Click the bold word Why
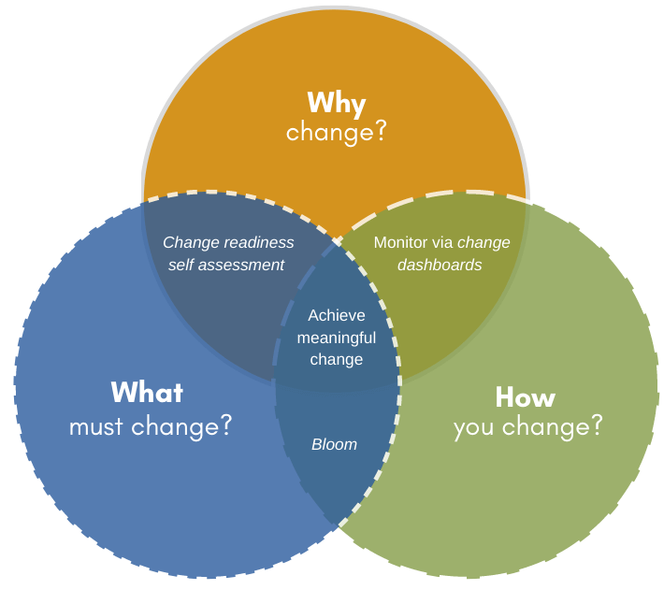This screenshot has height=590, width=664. click(x=336, y=102)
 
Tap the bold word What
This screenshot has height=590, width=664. click(x=147, y=392)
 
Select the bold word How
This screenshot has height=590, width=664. click(x=525, y=396)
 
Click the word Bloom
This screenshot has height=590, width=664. click(x=334, y=444)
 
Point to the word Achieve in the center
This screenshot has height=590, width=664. click(x=337, y=315)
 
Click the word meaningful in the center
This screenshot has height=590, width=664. click(x=337, y=338)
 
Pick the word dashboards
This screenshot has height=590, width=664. click(x=440, y=265)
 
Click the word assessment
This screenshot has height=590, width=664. click(x=241, y=265)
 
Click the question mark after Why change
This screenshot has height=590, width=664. click(x=381, y=132)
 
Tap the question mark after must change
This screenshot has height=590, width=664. click(x=224, y=426)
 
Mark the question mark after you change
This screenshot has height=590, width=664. click(x=596, y=426)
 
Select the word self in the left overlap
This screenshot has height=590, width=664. click(x=181, y=265)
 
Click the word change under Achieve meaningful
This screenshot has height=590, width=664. click(x=337, y=359)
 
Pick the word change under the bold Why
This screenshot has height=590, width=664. click(x=328, y=132)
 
